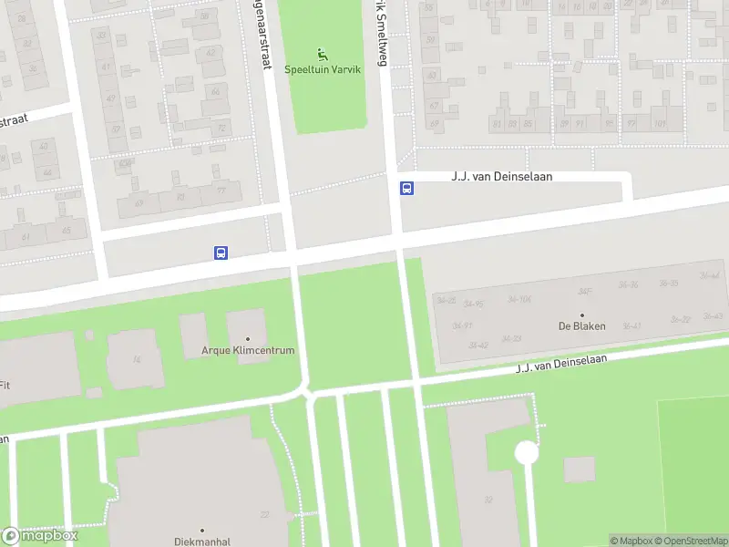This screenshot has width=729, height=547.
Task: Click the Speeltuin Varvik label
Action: (325, 69)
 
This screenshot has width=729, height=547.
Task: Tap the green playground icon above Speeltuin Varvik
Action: (323, 55)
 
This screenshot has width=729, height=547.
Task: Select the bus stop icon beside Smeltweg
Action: (406, 189)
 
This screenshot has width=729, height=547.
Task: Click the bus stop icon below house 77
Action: (221, 253)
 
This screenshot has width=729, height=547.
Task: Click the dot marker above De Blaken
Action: (582, 315)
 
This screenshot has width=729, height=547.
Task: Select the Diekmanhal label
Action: (202, 541)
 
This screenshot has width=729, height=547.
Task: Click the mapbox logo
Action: (40, 535)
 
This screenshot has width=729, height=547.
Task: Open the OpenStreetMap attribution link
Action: (689, 541)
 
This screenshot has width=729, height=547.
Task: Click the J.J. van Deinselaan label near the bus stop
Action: (502, 177)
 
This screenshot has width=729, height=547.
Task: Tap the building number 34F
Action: (584, 292)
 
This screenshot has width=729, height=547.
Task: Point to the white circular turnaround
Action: (526, 452)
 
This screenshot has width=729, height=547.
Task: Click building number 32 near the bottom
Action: (488, 499)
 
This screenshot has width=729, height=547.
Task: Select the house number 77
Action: (221, 191)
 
